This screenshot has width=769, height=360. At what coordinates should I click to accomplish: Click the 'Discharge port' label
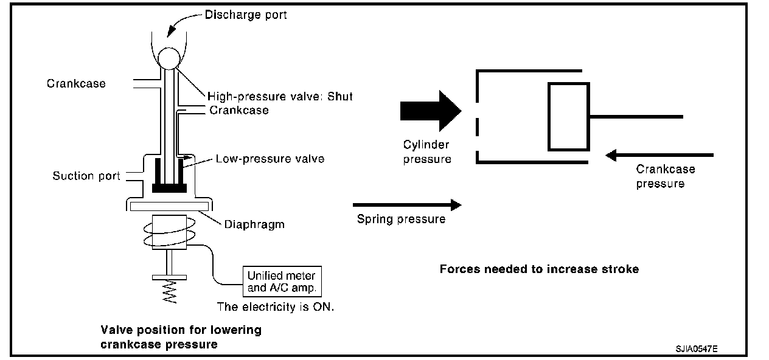tap(246, 15)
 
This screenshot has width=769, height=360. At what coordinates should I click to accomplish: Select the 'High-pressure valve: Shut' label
tap(280, 96)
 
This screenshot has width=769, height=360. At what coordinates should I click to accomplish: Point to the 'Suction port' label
tap(86, 176)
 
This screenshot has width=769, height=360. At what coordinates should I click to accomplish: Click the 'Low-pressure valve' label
tap(270, 159)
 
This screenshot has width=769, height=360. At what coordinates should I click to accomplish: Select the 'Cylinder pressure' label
tap(427, 152)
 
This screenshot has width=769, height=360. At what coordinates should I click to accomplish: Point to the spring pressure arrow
tap(406, 205)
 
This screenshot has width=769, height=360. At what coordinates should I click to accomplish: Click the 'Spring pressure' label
tap(401, 219)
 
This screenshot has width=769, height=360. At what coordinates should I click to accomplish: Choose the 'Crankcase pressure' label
tap(665, 176)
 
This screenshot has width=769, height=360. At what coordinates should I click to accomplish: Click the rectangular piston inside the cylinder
tap(568, 116)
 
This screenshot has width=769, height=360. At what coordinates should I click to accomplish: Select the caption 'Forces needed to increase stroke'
tap(539, 269)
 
